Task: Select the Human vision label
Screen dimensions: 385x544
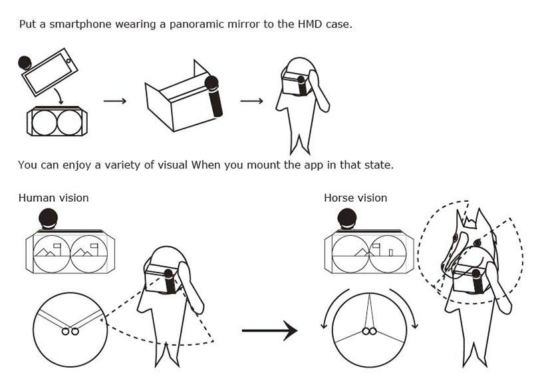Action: (53, 198)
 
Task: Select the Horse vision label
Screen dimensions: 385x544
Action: (355, 198)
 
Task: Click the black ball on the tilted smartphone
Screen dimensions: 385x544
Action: (24, 63)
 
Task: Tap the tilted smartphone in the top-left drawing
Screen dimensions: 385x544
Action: (49, 71)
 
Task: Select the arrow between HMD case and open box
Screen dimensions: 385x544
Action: (115, 101)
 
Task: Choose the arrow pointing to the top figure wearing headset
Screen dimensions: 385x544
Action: (251, 101)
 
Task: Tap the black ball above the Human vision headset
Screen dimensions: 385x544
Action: (47, 218)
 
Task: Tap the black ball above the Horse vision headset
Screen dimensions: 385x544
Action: (347, 218)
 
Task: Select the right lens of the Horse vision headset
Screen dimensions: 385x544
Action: (388, 254)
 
